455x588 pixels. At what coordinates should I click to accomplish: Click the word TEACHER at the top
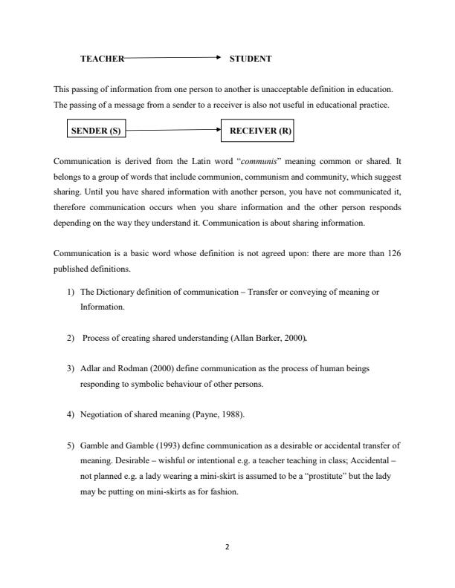point(102,57)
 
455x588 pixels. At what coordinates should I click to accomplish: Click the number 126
point(394,253)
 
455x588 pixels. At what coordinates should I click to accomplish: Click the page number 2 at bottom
point(227,547)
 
